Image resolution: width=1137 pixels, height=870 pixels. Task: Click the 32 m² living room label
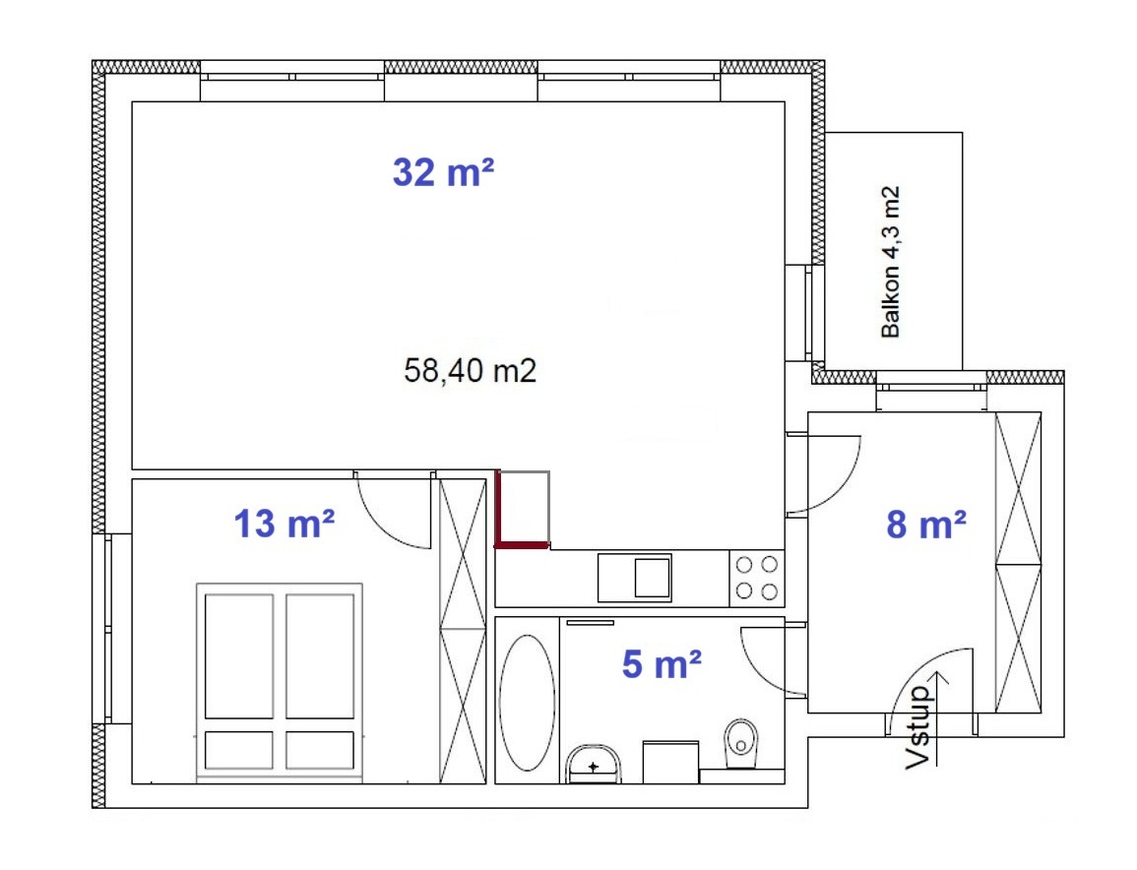pos(443,172)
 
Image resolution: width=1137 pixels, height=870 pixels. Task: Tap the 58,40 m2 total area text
pos(470,370)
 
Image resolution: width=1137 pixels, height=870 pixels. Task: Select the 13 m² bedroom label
pos(284,524)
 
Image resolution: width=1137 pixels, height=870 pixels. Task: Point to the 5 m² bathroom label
pos(662,664)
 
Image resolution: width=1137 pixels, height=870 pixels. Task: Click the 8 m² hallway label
pos(926,525)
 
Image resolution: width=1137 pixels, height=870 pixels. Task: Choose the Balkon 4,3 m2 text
pos(891,262)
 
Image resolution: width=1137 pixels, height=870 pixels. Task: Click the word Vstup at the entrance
pos(918,727)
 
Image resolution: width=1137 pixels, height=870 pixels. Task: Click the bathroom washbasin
pos(594,764)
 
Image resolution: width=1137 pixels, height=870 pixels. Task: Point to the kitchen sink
pos(635,578)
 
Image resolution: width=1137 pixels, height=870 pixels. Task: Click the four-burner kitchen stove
pos(756,577)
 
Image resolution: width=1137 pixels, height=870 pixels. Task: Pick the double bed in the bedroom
pos(280,681)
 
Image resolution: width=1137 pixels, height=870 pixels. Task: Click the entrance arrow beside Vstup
pos(938,717)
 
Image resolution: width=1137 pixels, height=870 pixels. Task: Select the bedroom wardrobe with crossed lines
pos(463,631)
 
